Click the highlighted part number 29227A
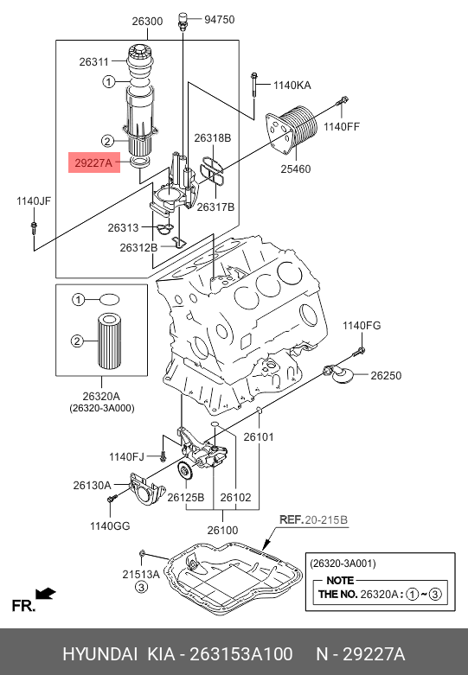pos(93,162)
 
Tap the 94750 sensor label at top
pos(220,19)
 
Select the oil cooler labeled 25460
pos(292,130)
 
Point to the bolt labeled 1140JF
pos(34,227)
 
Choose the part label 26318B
pos(213,138)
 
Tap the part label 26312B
pos(138,247)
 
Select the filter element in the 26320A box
pos(112,341)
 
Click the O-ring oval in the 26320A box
pos(109,299)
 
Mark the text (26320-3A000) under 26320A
pos(102,408)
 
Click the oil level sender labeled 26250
pos(340,375)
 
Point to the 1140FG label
pos(362,326)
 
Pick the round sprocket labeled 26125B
pos(186,471)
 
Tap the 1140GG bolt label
pos(110,525)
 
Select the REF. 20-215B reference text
pos(313,519)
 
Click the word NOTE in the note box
pos(340,580)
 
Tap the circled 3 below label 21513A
pos(142,587)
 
